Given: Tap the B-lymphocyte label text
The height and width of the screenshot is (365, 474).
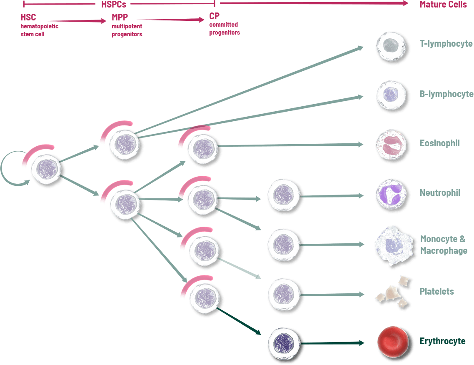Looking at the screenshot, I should pos(446,94).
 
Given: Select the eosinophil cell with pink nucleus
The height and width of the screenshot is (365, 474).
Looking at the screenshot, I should pos(391,145).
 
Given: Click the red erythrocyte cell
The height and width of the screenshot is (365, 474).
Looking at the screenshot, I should pos(392,341).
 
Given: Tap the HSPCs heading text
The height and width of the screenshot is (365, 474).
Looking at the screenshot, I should pos(114,5).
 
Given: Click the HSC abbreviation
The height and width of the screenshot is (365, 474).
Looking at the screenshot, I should pos(28,17).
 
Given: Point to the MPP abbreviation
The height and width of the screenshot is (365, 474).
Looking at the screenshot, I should pos(120,17).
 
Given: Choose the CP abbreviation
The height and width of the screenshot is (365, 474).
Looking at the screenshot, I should pos(214,17).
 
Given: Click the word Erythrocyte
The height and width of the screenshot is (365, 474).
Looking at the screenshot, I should pos(442,341).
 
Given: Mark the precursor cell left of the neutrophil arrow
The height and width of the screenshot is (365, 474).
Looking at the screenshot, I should pos(283,195).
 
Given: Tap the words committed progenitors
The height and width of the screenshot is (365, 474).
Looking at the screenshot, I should pos(224,28).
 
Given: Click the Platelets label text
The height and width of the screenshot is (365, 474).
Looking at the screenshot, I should pos(437,291).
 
